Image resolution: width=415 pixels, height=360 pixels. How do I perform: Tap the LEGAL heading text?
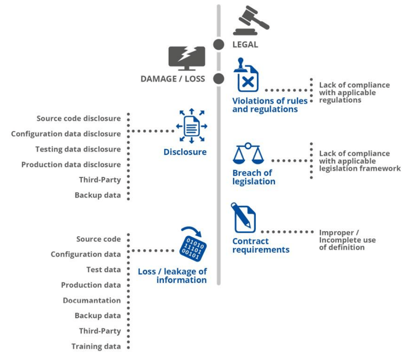245,45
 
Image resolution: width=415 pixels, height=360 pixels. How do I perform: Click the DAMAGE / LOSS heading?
172,79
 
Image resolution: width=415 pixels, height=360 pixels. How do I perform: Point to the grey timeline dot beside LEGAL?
219,44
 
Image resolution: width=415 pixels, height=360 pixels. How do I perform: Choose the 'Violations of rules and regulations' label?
270,105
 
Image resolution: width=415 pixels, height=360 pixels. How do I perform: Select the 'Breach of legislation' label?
253,177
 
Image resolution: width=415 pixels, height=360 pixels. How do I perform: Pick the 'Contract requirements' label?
261,245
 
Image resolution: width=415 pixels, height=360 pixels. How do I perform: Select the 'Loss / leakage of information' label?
172,276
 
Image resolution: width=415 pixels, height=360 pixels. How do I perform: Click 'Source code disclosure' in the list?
78,119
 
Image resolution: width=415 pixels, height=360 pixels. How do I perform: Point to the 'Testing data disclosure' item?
78,149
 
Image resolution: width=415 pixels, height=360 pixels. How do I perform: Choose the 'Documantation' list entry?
92,300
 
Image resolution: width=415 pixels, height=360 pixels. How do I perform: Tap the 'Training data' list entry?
96,346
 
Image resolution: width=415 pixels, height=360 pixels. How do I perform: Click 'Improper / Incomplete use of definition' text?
347,240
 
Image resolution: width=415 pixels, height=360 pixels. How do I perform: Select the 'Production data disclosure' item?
71,164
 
